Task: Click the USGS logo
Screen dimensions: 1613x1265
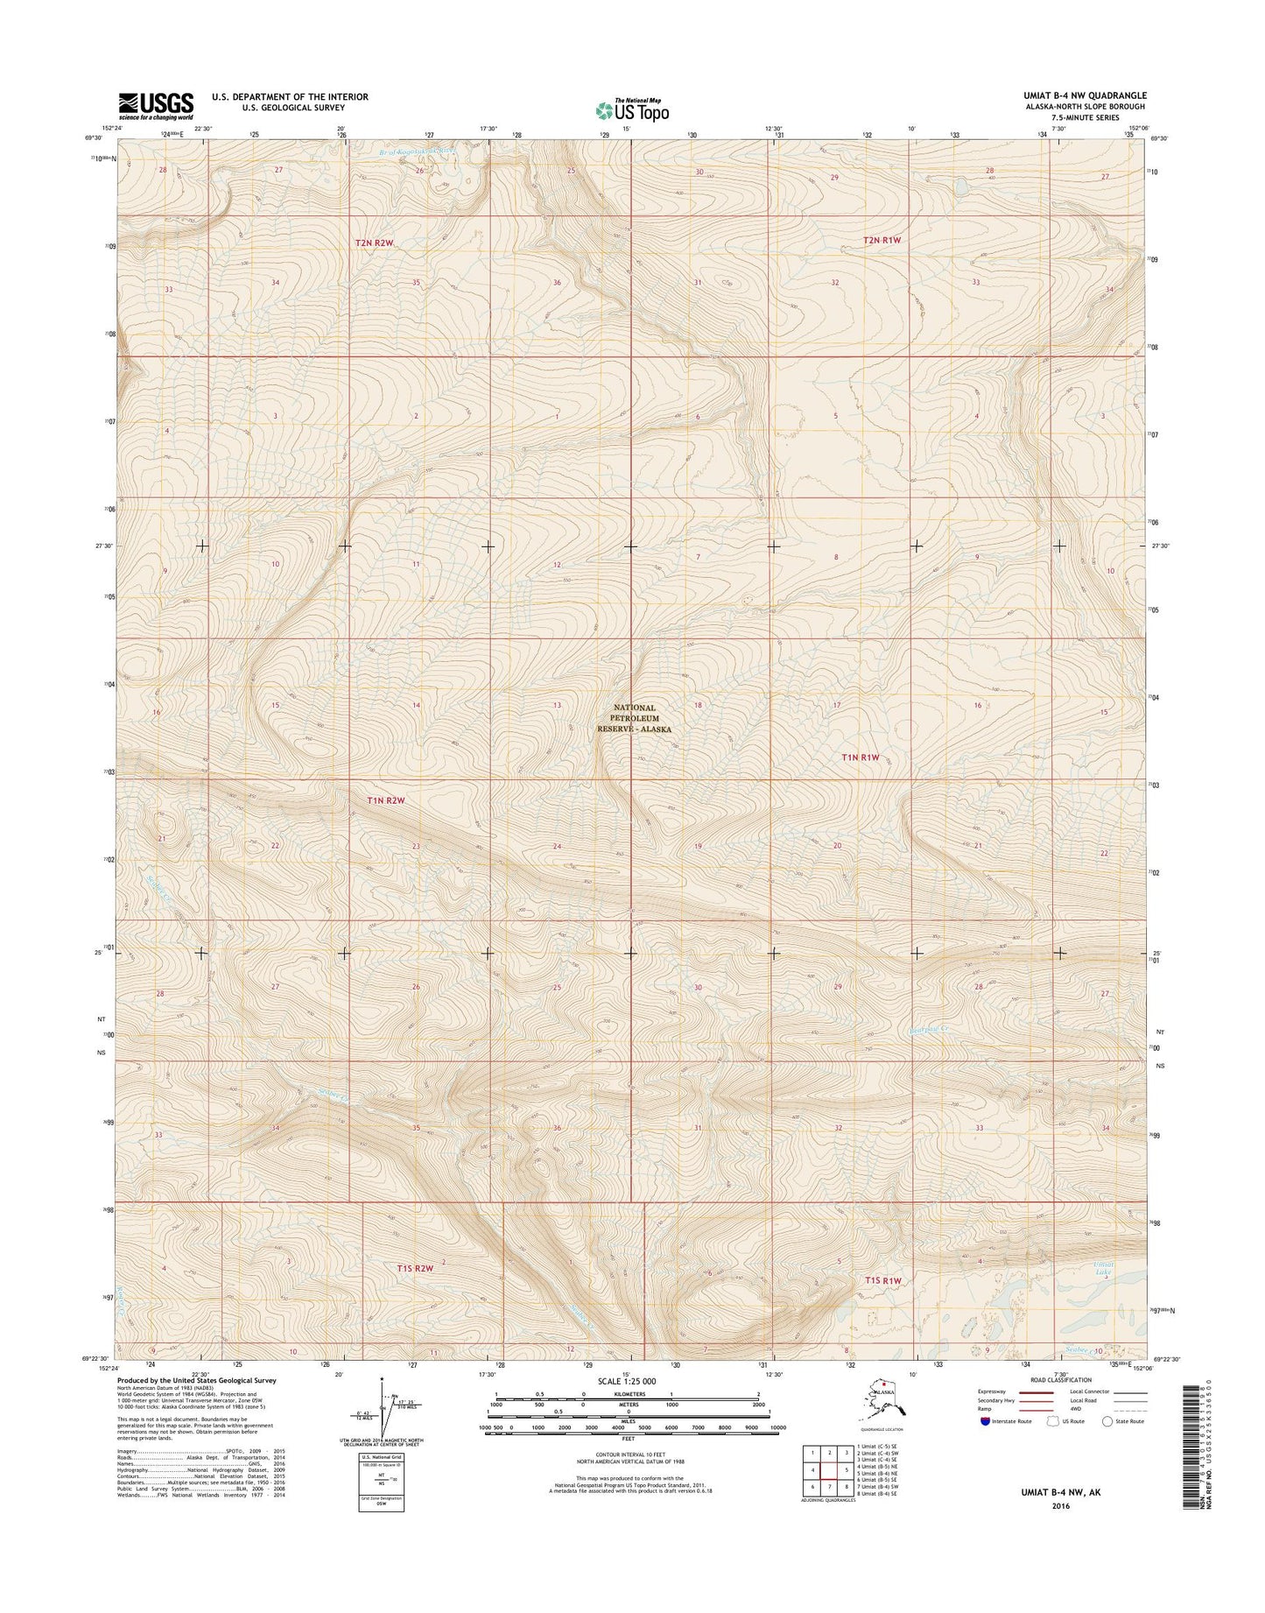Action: click(x=156, y=105)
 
